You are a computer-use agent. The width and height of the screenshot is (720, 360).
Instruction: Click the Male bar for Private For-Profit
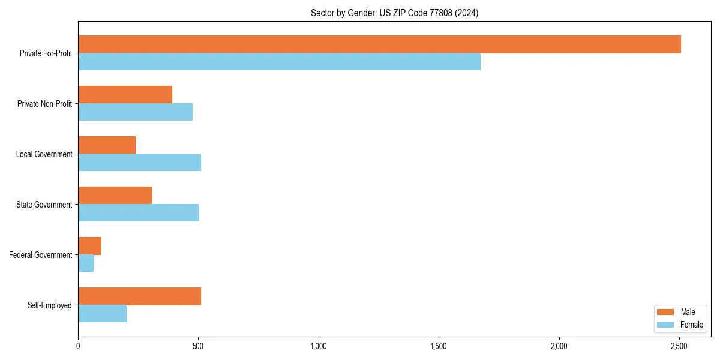(379, 44)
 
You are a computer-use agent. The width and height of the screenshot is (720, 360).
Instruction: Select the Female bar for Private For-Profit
(279, 62)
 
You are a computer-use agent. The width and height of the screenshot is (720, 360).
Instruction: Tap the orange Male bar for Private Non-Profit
(125, 95)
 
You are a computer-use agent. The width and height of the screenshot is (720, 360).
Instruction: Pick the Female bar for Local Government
(139, 163)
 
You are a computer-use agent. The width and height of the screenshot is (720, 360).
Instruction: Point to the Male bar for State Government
(115, 196)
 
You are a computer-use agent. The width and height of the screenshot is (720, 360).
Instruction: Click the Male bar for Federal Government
(89, 246)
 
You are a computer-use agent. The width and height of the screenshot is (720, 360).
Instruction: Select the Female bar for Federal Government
(86, 263)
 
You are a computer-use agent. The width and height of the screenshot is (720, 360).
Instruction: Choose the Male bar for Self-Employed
(139, 296)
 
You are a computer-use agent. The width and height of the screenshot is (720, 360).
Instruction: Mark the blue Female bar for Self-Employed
(102, 314)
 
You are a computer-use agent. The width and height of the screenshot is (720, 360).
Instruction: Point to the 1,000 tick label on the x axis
(319, 346)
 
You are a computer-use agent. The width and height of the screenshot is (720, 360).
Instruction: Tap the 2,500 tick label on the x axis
(679, 346)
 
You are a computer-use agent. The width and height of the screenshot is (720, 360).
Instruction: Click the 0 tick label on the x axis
(78, 346)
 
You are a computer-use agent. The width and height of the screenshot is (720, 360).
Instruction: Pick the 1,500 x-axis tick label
(439, 346)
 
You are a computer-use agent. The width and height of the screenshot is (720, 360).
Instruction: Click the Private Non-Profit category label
(44, 104)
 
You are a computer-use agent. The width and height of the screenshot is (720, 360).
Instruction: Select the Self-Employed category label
(49, 305)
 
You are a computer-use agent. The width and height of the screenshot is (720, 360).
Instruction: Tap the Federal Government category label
(41, 255)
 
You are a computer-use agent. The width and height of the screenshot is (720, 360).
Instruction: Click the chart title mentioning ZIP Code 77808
(394, 13)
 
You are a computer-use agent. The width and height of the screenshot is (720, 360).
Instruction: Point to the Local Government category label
(44, 154)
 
